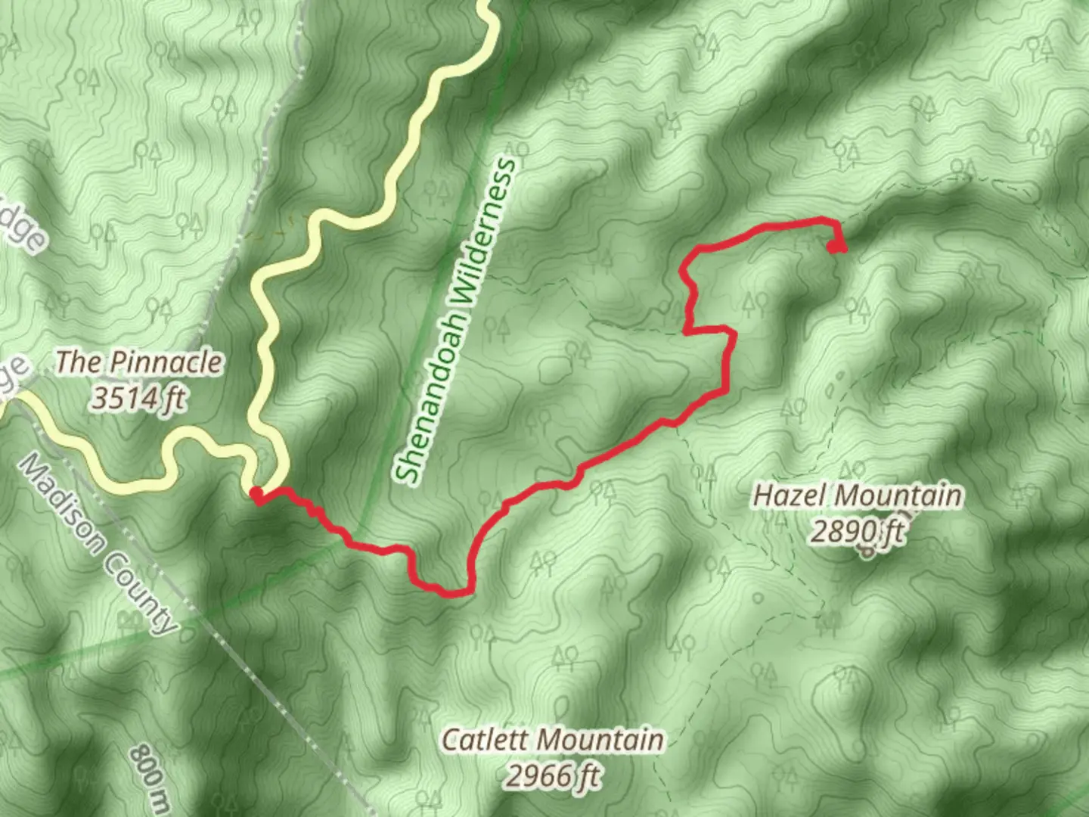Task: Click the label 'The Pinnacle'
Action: pyautogui.click(x=140, y=362)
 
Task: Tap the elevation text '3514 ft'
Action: pyautogui.click(x=139, y=398)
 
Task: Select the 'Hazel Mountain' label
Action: pyautogui.click(x=858, y=496)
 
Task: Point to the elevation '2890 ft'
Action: pyautogui.click(x=858, y=532)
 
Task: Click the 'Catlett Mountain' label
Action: pyautogui.click(x=552, y=739)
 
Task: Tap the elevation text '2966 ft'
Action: pyautogui.click(x=553, y=775)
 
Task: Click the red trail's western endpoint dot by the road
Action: pyautogui.click(x=256, y=495)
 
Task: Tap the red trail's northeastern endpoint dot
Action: pyautogui.click(x=835, y=247)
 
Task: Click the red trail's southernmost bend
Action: pyautogui.click(x=454, y=593)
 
